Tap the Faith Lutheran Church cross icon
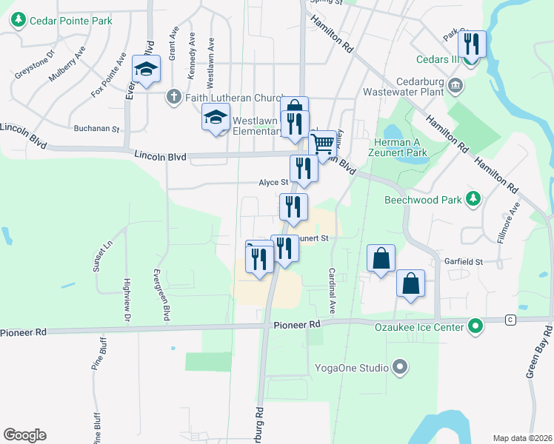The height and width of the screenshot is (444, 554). point(174,96)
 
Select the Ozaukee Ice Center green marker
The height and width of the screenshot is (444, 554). point(475,326)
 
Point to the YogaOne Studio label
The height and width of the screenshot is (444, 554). point(354,367)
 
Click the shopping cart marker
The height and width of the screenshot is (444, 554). point(323,144)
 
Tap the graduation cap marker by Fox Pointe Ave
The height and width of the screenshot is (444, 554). point(147,70)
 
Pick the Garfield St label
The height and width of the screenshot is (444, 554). point(464,262)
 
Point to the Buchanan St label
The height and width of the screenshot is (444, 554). point(96,129)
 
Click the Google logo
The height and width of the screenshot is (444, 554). point(24,434)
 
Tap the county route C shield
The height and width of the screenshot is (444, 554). point(510,320)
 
